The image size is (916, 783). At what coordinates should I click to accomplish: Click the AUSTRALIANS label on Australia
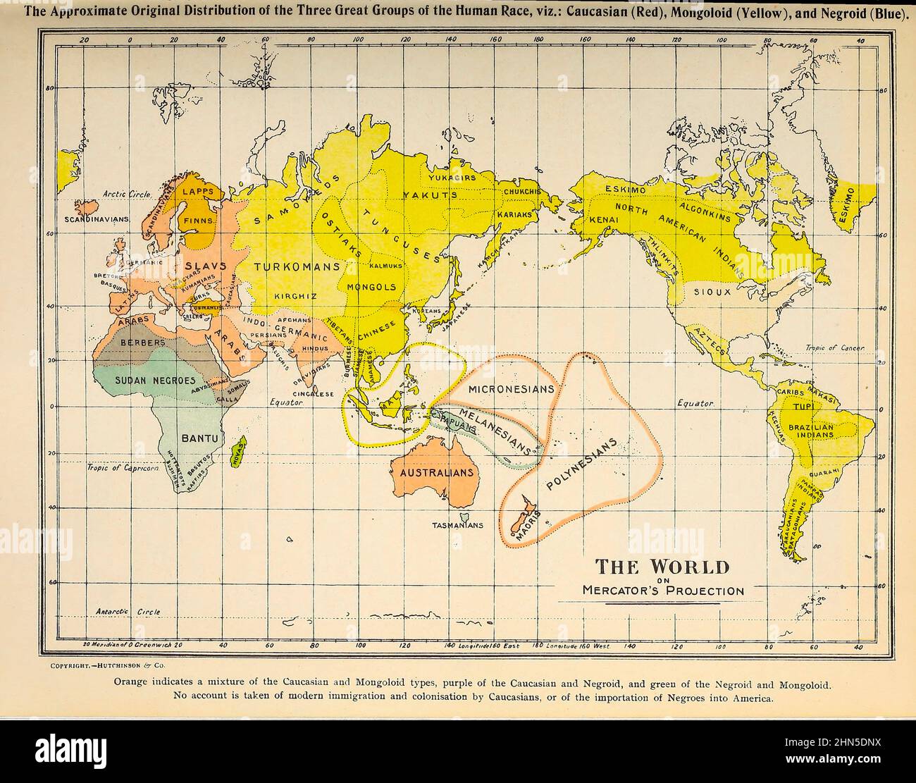(437, 473)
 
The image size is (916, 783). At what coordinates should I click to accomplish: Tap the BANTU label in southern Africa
(200, 438)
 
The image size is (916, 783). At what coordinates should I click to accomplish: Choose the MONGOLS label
(373, 288)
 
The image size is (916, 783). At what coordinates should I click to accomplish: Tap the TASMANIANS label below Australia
(458, 525)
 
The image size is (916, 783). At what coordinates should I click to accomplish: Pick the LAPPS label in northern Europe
(196, 191)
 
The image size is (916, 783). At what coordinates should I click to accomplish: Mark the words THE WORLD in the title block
(662, 567)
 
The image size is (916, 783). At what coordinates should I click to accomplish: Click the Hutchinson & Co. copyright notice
(108, 665)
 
